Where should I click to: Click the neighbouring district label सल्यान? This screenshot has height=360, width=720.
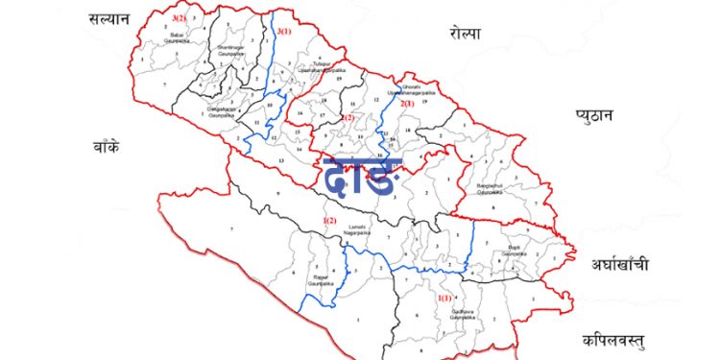108,18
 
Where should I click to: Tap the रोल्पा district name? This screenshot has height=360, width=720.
465,35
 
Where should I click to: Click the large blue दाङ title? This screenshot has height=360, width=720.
357,179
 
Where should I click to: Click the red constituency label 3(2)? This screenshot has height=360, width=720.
178,17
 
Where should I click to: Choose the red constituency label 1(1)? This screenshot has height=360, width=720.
444,299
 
